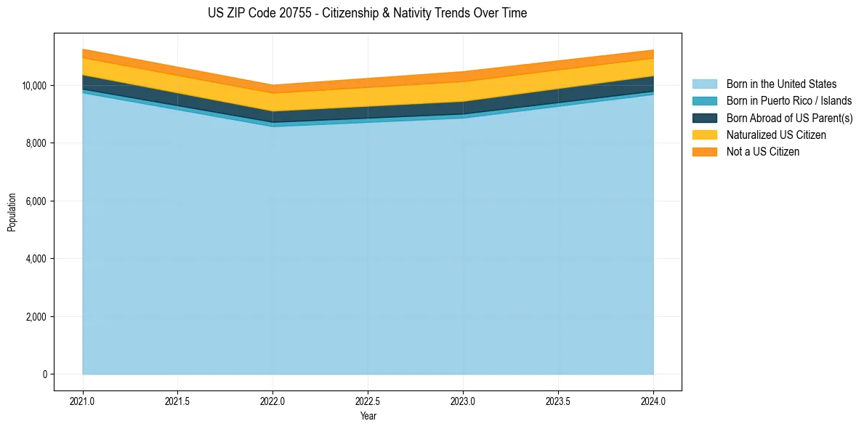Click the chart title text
[367, 13]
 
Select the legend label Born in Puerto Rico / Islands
[789, 101]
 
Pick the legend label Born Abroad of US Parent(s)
[789, 118]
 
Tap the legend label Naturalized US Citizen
[776, 135]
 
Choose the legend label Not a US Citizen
[763, 152]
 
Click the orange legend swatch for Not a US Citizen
[704, 152]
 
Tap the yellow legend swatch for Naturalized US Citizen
[704, 135]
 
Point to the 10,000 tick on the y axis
[33, 86]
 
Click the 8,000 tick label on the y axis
[36, 143]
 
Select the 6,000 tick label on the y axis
[36, 201]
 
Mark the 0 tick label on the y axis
[44, 374]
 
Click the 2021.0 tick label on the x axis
[83, 401]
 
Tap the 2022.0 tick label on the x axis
[272, 401]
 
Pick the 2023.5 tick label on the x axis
[558, 401]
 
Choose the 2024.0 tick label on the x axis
[653, 401]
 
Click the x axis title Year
[368, 416]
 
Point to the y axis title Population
[12, 212]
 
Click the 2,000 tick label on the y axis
[36, 317]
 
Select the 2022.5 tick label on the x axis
[368, 401]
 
